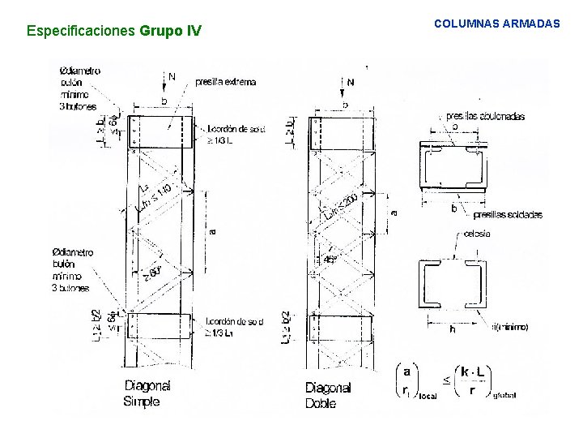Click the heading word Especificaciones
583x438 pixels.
tap(82, 32)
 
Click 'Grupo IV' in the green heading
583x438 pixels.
tap(170, 32)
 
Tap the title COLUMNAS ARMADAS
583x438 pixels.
tap(496, 24)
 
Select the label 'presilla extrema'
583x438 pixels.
tap(226, 81)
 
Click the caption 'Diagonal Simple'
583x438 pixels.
tap(147, 393)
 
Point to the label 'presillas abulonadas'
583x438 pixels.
tap(485, 116)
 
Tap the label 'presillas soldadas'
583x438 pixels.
tap(508, 215)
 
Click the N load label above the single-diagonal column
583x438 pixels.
tap(172, 77)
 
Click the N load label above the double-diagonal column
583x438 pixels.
tap(350, 82)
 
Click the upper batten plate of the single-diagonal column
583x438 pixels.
tap(162, 132)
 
